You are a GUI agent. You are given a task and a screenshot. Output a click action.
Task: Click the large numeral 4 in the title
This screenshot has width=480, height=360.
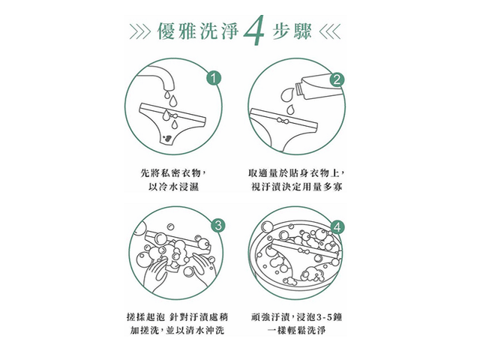[x=253, y=31]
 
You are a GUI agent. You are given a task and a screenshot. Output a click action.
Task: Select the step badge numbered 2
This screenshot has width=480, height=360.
[x=337, y=80]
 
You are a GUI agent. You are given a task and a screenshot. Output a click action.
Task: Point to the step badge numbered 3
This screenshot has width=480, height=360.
[x=218, y=226]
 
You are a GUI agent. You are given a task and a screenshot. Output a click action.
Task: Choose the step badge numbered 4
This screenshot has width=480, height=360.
[x=337, y=227]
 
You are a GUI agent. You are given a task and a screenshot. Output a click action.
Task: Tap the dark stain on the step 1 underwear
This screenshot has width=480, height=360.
[x=168, y=138]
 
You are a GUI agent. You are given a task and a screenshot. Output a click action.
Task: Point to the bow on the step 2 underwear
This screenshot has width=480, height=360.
[x=282, y=120]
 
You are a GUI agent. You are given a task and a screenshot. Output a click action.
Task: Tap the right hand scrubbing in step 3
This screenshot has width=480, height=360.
[x=202, y=267]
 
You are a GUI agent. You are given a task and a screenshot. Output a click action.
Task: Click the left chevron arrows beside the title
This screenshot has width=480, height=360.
[x=140, y=32]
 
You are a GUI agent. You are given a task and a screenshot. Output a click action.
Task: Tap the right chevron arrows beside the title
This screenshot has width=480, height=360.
[x=330, y=32]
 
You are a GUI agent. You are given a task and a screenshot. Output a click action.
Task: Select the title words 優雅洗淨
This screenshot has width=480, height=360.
[x=198, y=31]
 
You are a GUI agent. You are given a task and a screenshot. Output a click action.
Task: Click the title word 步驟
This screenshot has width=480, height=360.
[x=292, y=31]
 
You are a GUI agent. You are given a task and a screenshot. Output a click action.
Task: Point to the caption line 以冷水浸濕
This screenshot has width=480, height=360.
[x=173, y=187]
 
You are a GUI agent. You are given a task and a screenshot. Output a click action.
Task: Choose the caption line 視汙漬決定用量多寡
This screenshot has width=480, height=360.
[x=297, y=187]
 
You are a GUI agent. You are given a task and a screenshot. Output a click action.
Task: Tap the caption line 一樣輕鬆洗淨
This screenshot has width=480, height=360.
[x=296, y=330]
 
